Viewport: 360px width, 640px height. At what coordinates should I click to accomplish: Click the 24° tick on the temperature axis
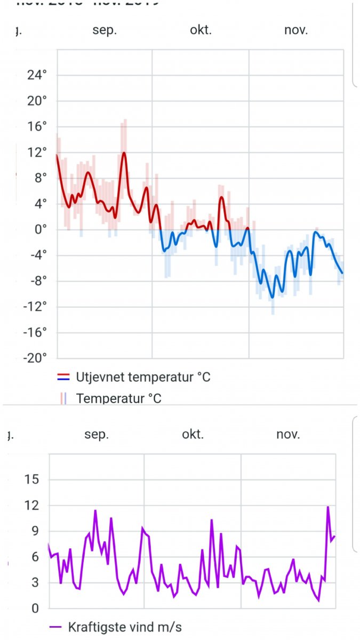click(x=37, y=75)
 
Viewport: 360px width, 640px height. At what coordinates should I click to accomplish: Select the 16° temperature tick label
click(x=37, y=127)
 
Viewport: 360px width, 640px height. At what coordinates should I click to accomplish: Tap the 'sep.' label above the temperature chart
click(x=105, y=30)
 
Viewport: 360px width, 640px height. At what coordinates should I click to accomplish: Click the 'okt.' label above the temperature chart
click(x=201, y=30)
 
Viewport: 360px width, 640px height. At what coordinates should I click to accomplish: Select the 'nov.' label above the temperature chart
click(x=296, y=30)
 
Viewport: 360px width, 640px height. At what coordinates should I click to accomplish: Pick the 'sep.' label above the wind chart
click(x=97, y=434)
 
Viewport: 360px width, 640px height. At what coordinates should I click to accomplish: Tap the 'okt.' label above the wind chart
click(x=193, y=434)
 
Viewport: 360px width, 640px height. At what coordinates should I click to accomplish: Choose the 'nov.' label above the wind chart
click(x=288, y=434)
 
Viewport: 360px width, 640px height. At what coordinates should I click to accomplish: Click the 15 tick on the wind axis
click(x=33, y=479)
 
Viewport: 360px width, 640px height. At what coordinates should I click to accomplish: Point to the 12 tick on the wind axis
click(x=33, y=505)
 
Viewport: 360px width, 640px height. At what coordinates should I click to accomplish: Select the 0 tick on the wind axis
click(x=36, y=609)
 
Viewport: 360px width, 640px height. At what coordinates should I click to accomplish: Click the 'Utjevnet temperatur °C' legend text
click(x=143, y=377)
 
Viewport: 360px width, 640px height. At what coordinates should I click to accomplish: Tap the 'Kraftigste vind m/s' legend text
click(x=125, y=627)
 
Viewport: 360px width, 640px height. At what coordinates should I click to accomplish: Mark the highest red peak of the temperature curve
click(x=124, y=153)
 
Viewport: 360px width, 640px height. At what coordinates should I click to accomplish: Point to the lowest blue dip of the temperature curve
click(x=272, y=297)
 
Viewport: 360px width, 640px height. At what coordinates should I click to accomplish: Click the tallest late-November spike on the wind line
click(x=328, y=507)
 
